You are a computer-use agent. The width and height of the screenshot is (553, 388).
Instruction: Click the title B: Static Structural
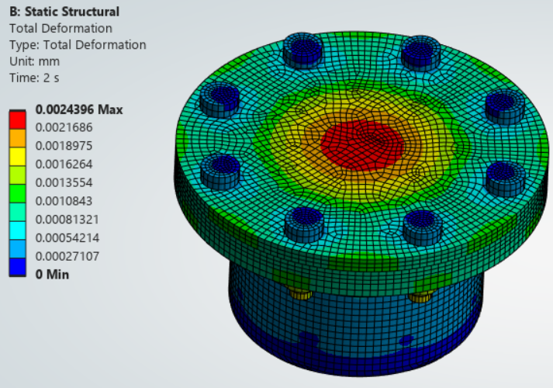point(64,12)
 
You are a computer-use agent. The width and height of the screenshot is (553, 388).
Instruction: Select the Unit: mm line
point(34,61)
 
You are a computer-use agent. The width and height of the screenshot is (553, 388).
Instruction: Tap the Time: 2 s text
point(34,78)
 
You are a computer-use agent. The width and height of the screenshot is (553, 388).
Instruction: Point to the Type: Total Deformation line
point(78,45)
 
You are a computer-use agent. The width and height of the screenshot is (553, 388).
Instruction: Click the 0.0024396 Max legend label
point(79,109)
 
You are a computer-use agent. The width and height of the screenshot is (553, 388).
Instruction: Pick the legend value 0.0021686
point(64,127)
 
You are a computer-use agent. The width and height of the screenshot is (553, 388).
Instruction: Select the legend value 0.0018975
point(64,146)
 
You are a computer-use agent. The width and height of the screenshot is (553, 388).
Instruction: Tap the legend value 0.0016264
point(64,164)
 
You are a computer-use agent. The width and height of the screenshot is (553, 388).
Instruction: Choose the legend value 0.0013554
point(64,182)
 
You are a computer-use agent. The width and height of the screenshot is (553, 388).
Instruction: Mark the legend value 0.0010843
point(64,201)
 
